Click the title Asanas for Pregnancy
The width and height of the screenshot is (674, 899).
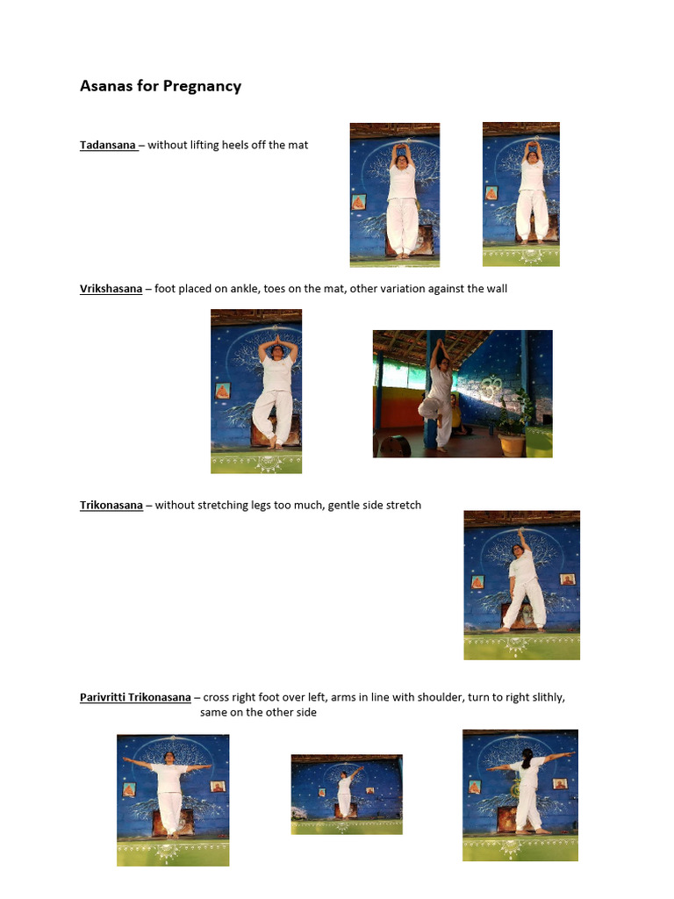[x=161, y=86]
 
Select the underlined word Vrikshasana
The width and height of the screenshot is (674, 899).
[x=111, y=289]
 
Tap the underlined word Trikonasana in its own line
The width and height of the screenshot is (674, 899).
[x=111, y=506]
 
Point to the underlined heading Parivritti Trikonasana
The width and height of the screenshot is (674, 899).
[x=135, y=698]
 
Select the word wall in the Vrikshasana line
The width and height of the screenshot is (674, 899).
[x=495, y=289]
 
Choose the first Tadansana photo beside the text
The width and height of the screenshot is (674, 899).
[x=395, y=194]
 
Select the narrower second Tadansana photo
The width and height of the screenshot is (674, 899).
[x=520, y=194]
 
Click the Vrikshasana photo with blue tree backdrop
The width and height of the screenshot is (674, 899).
[x=256, y=392]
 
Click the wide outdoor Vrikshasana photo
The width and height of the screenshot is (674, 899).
[x=462, y=393]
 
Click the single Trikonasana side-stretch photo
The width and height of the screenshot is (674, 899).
[x=521, y=585]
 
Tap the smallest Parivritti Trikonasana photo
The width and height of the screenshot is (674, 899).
[x=347, y=794]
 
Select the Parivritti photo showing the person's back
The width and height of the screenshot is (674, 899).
[x=520, y=795]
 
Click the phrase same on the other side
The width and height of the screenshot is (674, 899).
[x=258, y=713]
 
